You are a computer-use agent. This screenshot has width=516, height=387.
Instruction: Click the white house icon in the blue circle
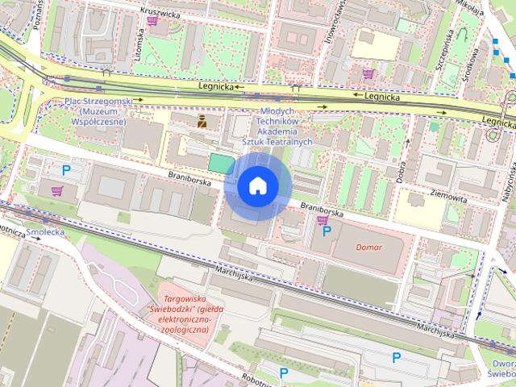257,186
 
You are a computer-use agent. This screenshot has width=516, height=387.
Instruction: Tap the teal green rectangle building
220,163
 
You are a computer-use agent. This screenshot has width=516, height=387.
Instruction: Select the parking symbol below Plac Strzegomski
67,170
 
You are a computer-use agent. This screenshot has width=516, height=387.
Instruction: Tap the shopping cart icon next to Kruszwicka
152,22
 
